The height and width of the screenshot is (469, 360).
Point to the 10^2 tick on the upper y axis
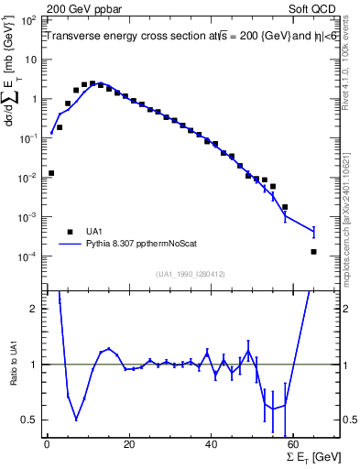29,19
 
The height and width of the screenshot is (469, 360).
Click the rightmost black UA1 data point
313,252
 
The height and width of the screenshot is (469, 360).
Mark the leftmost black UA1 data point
51,172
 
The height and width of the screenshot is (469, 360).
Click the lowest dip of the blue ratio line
76,419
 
